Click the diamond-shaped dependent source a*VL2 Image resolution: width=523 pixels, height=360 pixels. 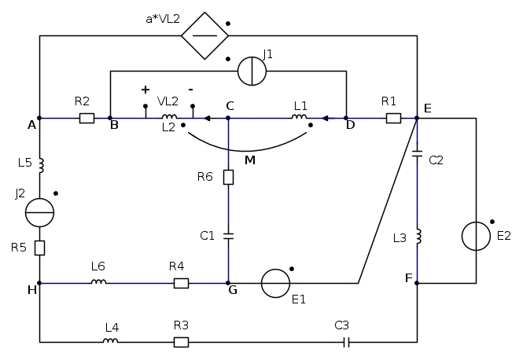204,35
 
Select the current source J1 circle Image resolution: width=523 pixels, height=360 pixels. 252,71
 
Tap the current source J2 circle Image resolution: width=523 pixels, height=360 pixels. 39,212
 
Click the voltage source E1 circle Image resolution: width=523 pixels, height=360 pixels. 275,283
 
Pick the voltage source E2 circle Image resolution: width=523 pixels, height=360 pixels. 476,236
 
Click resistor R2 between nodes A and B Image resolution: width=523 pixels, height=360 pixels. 87,118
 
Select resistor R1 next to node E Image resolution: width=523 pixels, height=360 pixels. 393,118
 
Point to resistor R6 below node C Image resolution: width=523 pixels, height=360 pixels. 228,177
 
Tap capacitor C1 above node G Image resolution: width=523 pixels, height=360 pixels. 228,234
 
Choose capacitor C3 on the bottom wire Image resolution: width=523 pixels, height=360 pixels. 346,342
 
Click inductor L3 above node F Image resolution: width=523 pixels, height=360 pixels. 417,236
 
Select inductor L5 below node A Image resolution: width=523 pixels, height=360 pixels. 39,165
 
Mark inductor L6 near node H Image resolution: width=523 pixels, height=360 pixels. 98,283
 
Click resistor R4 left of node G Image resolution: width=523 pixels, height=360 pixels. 181,283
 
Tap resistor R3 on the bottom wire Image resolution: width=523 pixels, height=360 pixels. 181,342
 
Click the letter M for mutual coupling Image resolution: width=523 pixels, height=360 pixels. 250,160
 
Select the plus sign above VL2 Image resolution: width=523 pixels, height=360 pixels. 145,90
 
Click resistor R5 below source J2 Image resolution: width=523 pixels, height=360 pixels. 39,248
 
